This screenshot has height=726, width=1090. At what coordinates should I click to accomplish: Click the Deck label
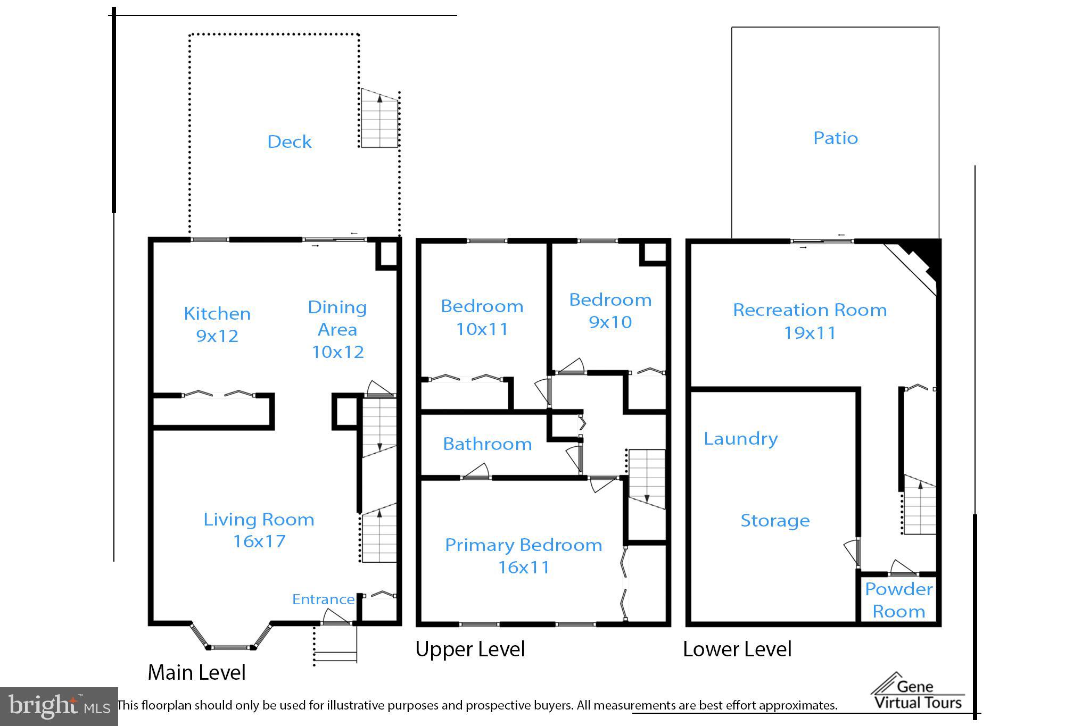(289, 141)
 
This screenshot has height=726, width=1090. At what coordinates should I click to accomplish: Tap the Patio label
(836, 138)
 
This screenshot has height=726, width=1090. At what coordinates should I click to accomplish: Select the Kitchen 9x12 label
(217, 324)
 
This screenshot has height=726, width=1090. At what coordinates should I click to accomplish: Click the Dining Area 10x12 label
(337, 329)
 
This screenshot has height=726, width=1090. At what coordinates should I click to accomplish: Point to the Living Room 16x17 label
(259, 530)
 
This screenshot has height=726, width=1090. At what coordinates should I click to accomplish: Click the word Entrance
(323, 599)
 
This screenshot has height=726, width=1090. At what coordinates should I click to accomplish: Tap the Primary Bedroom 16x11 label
(524, 556)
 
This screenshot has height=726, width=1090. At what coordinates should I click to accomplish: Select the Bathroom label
(488, 444)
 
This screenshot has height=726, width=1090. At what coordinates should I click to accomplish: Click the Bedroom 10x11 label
(482, 318)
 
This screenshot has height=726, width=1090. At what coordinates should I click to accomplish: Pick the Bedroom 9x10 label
(610, 311)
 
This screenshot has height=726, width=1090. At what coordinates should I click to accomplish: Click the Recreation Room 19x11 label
(810, 321)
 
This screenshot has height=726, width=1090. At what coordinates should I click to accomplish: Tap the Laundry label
(741, 439)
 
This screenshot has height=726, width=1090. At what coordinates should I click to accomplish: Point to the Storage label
(775, 521)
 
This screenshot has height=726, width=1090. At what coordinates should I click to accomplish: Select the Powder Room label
(899, 600)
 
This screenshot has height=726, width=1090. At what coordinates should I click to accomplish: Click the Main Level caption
(196, 672)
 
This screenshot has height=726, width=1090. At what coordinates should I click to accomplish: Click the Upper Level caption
(470, 649)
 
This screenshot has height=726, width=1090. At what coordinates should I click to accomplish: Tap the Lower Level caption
(737, 649)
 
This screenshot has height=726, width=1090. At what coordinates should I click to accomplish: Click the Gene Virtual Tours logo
(918, 691)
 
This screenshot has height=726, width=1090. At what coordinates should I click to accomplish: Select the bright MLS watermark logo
(59, 706)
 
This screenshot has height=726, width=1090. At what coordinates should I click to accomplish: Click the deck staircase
(379, 118)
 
